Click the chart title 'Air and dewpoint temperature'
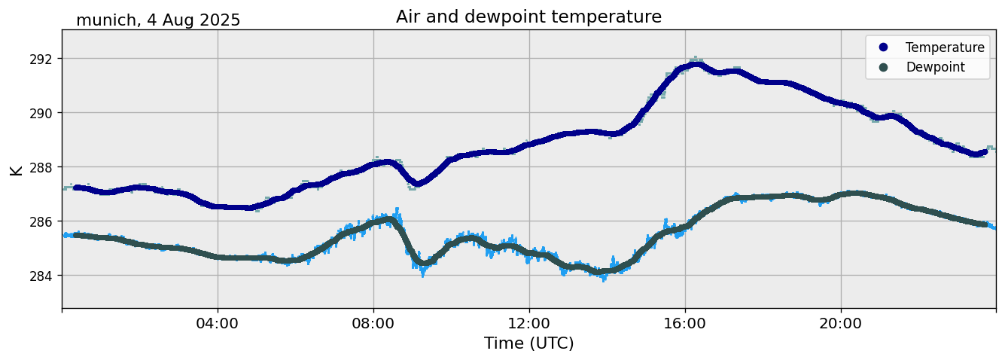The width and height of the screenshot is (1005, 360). [528, 17]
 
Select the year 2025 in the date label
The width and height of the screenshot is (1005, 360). [220, 20]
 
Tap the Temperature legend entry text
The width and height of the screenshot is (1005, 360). [944, 47]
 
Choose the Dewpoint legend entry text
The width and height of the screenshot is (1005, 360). [935, 67]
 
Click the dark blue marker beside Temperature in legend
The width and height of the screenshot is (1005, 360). [883, 47]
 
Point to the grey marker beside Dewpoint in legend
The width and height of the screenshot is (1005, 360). [883, 67]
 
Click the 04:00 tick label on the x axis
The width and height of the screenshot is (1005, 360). [218, 323]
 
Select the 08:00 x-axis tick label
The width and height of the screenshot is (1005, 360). [373, 323]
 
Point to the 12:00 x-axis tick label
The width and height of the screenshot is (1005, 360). [529, 323]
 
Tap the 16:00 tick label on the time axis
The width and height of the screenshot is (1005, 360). [685, 323]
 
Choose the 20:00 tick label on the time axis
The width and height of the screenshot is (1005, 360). [841, 323]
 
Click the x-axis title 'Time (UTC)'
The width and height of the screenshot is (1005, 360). [528, 343]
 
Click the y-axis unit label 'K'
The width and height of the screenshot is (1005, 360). [16, 170]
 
